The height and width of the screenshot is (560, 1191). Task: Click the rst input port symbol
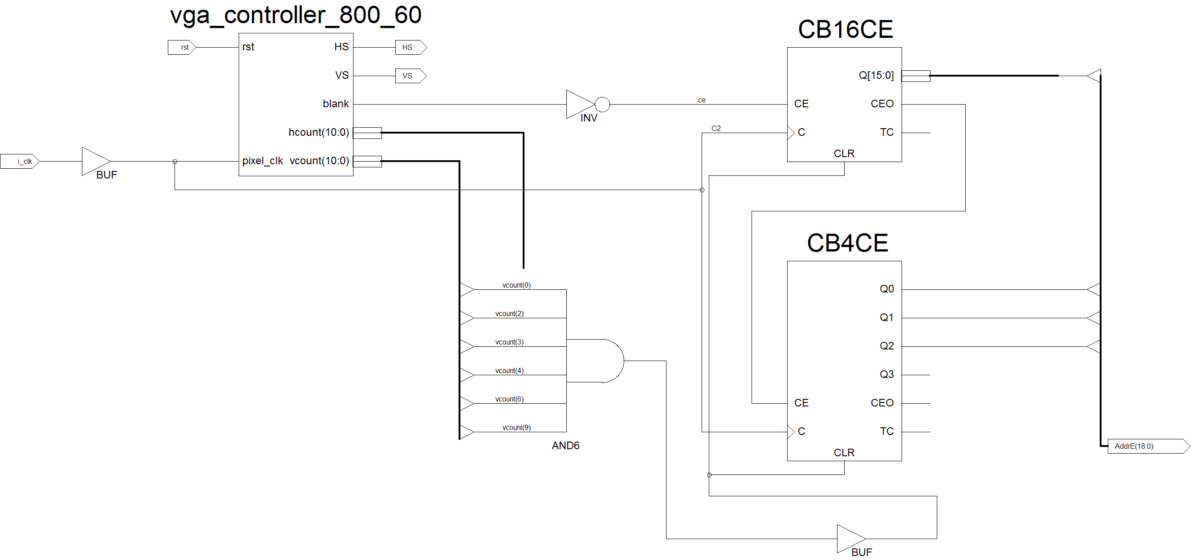pyautogui.click(x=182, y=47)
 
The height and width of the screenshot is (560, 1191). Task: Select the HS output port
pyautogui.click(x=411, y=47)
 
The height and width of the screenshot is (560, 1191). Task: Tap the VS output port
pyautogui.click(x=411, y=76)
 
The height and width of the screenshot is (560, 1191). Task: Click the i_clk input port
pyautogui.click(x=20, y=162)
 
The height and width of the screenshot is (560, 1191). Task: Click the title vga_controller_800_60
pyautogui.click(x=296, y=15)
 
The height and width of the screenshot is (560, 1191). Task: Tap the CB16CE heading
pyautogui.click(x=845, y=29)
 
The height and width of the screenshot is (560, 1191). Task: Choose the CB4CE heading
pyautogui.click(x=847, y=243)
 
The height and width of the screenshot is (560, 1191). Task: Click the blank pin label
pyautogui.click(x=336, y=104)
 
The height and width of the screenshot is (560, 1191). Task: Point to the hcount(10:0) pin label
pyautogui.click(x=318, y=132)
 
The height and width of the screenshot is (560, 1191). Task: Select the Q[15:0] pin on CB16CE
pyautogui.click(x=876, y=75)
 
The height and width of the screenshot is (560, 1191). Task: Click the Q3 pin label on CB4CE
pyautogui.click(x=887, y=374)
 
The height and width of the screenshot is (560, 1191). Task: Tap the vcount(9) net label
pyautogui.click(x=516, y=427)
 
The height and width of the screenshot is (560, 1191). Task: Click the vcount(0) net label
pyautogui.click(x=516, y=285)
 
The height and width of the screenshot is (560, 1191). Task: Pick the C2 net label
pyautogui.click(x=715, y=128)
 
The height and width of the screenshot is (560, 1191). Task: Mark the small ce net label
pyautogui.click(x=702, y=100)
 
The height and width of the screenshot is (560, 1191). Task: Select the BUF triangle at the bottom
pyautogui.click(x=851, y=539)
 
